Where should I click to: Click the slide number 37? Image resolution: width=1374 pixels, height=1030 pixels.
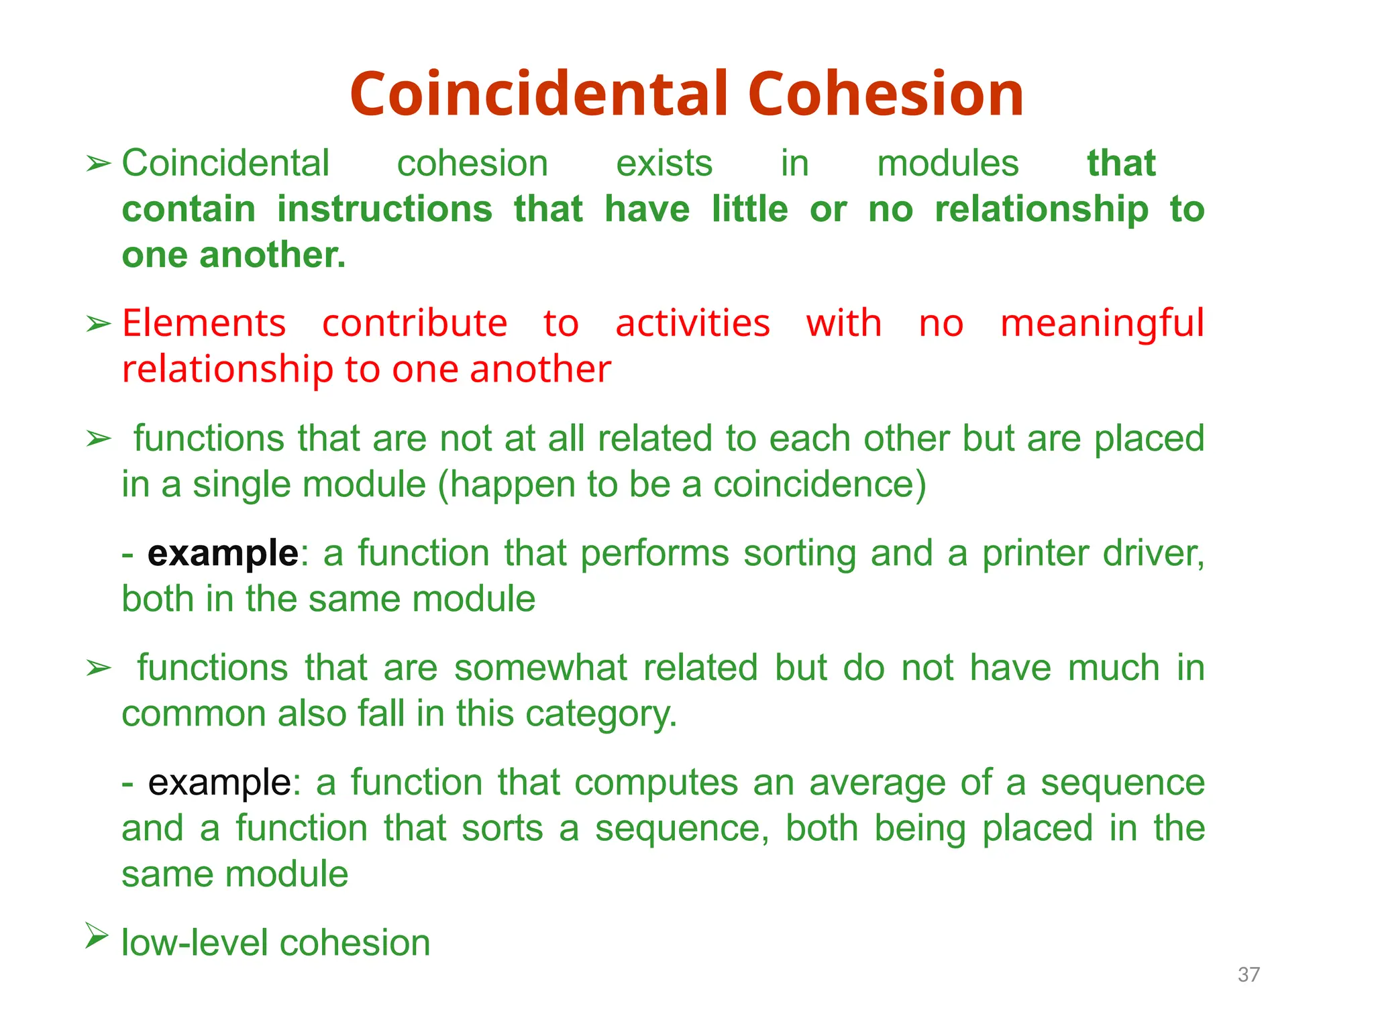[1249, 974]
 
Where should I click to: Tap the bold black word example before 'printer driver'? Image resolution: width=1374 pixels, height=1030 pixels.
[223, 554]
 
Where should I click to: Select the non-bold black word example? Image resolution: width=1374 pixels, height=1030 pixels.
[219, 783]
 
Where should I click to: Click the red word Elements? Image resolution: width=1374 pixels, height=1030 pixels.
[204, 324]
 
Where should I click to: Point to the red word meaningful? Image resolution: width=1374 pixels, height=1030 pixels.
[1102, 324]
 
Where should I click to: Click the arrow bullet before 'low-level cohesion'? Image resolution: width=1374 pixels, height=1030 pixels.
[97, 935]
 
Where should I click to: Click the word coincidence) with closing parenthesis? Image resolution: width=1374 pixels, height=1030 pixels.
[819, 484]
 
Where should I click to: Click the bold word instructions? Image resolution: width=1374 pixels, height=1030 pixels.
[385, 209]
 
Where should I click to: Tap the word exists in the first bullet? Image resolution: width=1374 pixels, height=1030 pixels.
[664, 164]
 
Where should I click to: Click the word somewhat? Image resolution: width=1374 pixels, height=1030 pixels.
[540, 669]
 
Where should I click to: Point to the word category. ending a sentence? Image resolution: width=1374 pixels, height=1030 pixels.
[601, 714]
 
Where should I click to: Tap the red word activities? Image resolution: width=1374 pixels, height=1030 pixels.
[692, 324]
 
